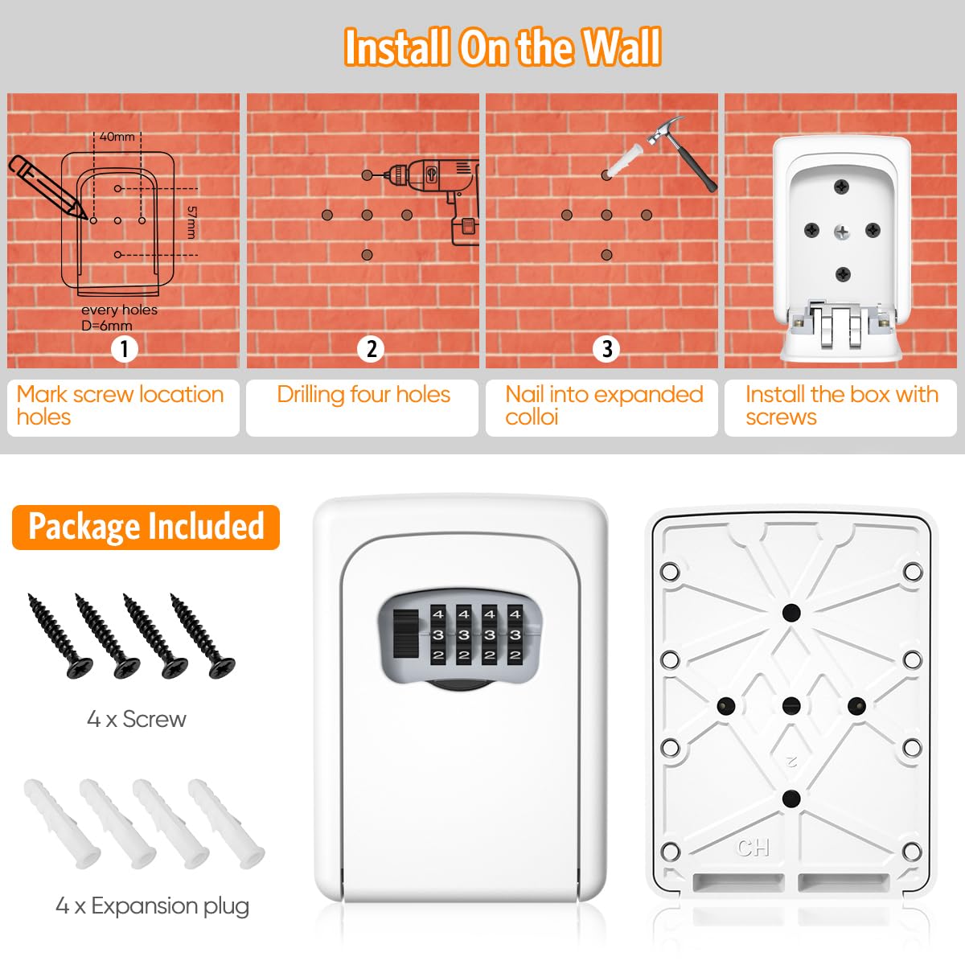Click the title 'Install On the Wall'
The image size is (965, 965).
coord(503,47)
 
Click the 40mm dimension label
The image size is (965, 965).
coord(117,137)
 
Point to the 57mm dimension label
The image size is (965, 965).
coord(191,222)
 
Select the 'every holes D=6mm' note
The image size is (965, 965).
coord(118,318)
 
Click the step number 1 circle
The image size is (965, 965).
coord(124,349)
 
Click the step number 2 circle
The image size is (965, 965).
coord(371,349)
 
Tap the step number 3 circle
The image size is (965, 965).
coord(606,349)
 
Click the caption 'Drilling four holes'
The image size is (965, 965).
coord(363,395)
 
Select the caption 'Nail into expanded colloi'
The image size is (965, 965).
coord(603,405)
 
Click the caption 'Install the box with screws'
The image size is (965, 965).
coord(841,405)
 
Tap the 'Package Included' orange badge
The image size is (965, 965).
coord(146,527)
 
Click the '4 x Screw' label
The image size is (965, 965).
coord(137,719)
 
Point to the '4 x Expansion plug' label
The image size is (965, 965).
coord(152,906)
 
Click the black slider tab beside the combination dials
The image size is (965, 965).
coord(406,634)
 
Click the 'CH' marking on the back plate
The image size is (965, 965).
coord(753,848)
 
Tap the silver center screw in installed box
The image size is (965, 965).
coord(841,232)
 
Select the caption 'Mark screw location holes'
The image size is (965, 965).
coord(121,405)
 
